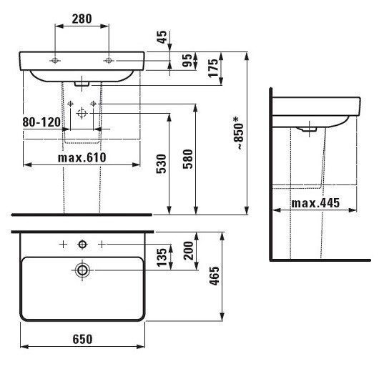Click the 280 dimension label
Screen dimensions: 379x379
[81, 20]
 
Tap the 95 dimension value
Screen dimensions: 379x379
[187, 62]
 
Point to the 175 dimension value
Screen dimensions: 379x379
[212, 69]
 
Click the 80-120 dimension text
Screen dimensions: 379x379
[40, 123]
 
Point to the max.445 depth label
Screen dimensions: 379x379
[316, 204]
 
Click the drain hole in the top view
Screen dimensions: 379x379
[82, 270]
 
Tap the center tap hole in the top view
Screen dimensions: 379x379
[82, 245]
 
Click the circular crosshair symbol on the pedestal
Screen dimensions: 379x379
[82, 112]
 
